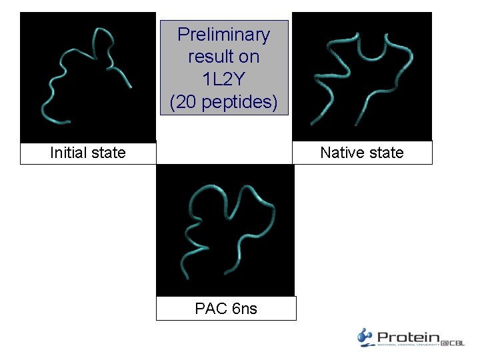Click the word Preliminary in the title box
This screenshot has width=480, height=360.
[x=223, y=35]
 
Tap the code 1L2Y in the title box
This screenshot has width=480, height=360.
[x=223, y=79]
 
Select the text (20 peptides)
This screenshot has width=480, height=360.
[x=223, y=102]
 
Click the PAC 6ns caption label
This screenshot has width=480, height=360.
[x=225, y=308]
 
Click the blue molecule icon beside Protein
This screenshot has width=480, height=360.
[x=365, y=337]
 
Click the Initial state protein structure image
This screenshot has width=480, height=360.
[x=87, y=77]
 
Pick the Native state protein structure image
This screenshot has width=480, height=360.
[x=362, y=77]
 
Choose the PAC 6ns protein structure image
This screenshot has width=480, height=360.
[x=225, y=230]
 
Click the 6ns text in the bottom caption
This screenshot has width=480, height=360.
[x=244, y=308]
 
